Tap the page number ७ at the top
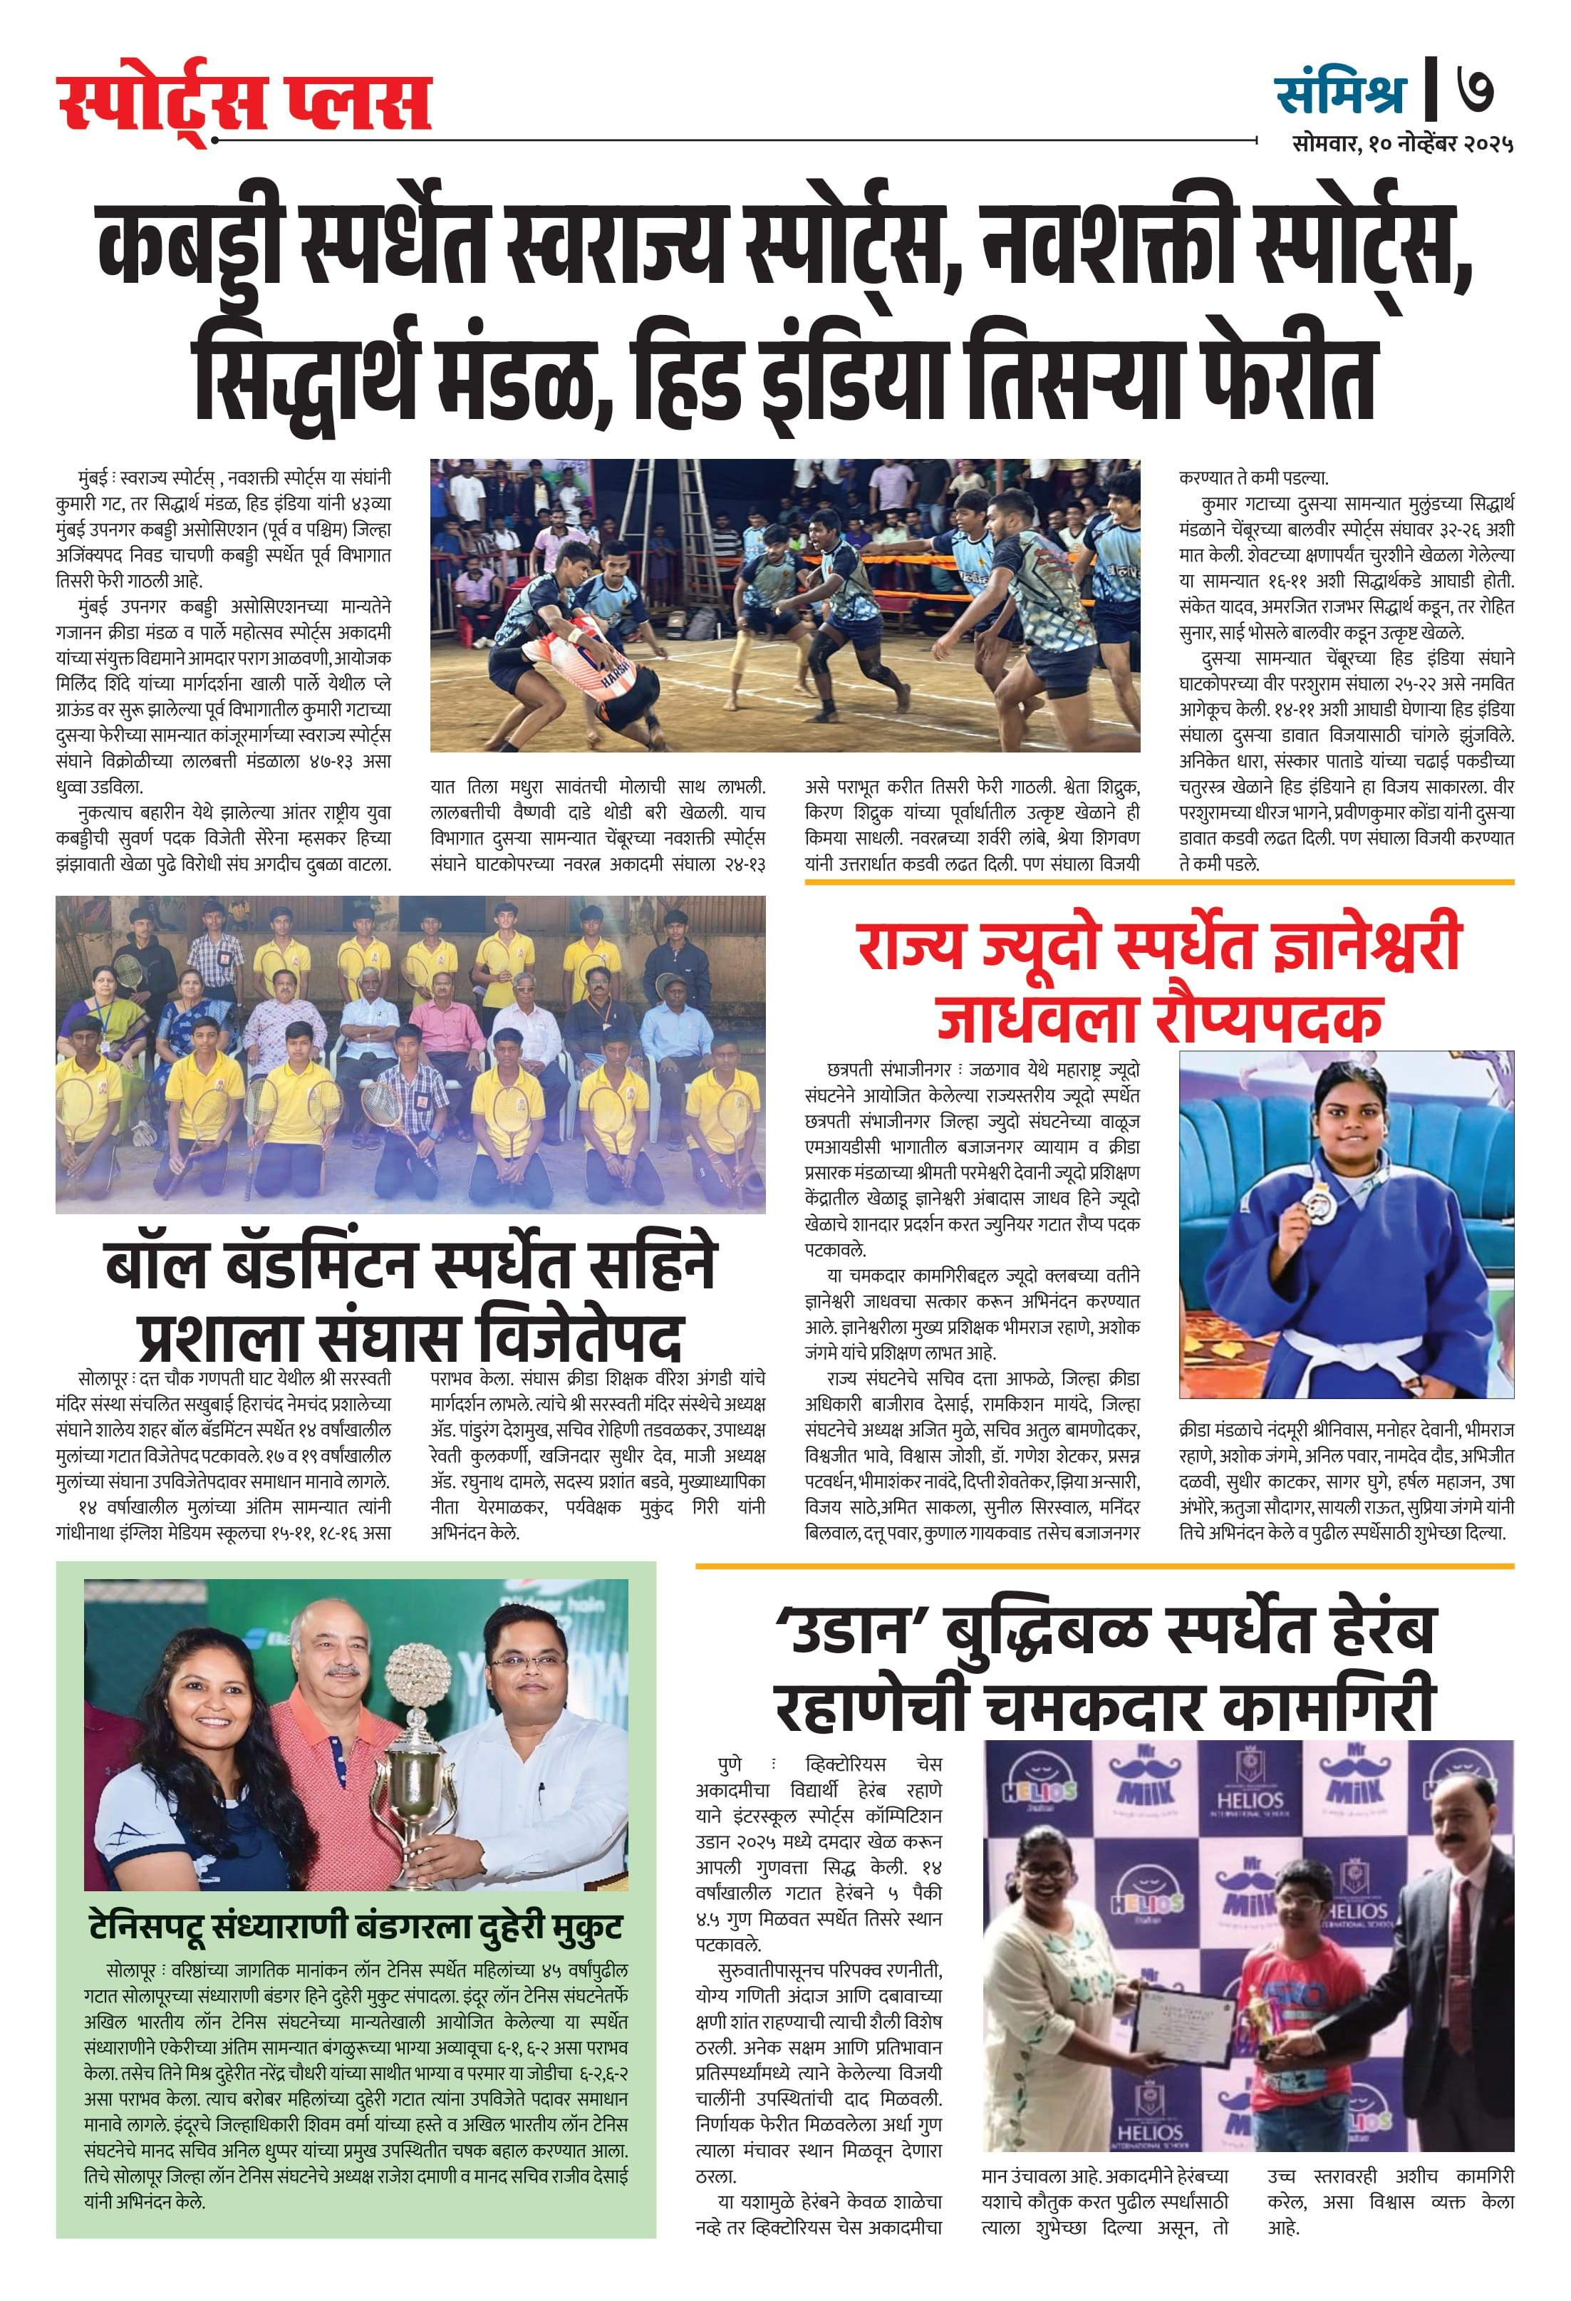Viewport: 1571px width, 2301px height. click(1474, 90)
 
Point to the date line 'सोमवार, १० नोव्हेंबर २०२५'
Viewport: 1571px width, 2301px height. click(1401, 145)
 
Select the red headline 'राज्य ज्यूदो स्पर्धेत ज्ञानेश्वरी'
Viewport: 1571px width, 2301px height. click(1158, 945)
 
